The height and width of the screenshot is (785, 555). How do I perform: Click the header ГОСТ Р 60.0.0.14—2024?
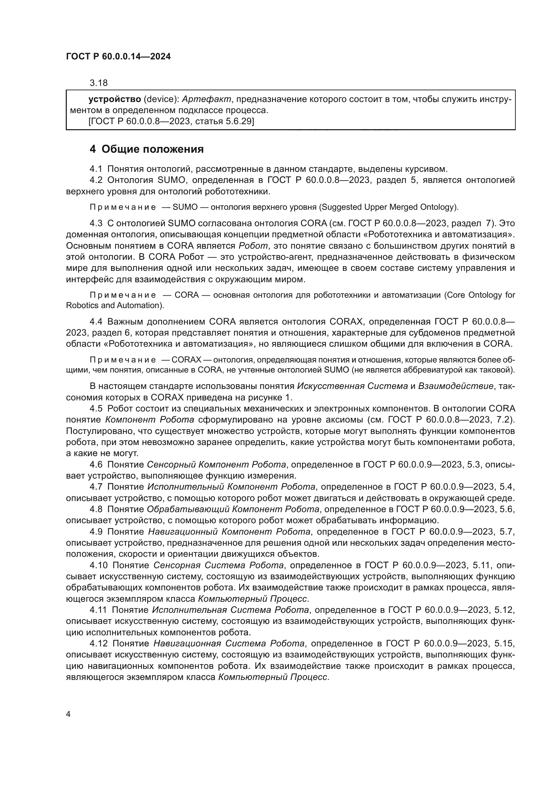(x=118, y=56)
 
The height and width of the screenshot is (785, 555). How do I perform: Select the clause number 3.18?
(x=98, y=83)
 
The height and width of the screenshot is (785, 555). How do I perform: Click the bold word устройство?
(x=114, y=99)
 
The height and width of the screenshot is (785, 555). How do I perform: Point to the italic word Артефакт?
(x=206, y=99)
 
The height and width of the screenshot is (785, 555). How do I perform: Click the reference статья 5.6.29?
(x=224, y=121)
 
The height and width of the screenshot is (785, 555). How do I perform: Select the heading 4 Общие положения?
(x=146, y=149)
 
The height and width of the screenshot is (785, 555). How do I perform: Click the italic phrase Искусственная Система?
(x=352, y=386)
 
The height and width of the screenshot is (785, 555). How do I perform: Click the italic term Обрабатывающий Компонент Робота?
(x=233, y=509)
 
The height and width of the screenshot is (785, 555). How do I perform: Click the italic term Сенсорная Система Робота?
(x=218, y=565)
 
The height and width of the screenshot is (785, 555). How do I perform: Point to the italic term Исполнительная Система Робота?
(x=230, y=610)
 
